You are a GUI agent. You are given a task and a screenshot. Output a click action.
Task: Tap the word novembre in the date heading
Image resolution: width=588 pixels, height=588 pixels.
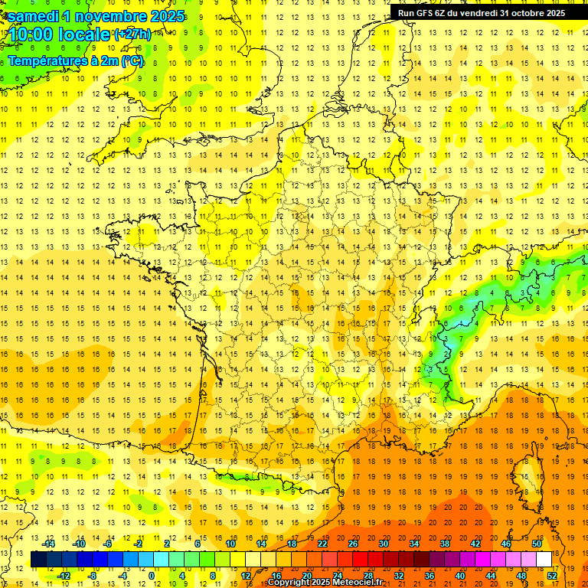[x=112, y=16]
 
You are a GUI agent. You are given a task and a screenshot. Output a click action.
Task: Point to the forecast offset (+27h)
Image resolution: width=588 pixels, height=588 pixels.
[x=132, y=34]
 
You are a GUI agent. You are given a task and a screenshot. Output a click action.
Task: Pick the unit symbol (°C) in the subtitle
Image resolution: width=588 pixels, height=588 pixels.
[x=132, y=60]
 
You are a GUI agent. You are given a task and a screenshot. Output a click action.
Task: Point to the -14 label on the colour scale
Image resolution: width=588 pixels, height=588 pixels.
[x=51, y=544]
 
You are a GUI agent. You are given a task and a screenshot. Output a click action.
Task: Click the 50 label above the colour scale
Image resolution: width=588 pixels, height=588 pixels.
[x=537, y=544]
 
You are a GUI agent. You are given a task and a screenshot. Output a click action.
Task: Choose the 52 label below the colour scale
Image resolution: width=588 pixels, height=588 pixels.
[x=552, y=575]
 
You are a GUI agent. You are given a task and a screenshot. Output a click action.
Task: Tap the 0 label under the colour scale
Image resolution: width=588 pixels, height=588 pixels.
[x=152, y=575]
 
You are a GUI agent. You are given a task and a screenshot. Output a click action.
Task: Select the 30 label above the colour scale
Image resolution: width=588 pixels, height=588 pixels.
[x=383, y=544]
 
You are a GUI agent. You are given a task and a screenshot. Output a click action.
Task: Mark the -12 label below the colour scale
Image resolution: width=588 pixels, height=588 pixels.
[x=64, y=575]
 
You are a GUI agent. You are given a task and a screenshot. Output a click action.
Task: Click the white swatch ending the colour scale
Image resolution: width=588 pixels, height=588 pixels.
[x=544, y=560]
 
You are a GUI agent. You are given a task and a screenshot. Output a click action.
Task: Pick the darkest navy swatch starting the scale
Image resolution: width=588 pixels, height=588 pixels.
[x=38, y=560]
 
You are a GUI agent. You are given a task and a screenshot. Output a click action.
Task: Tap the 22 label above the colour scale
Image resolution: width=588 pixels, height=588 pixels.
[x=322, y=544]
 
